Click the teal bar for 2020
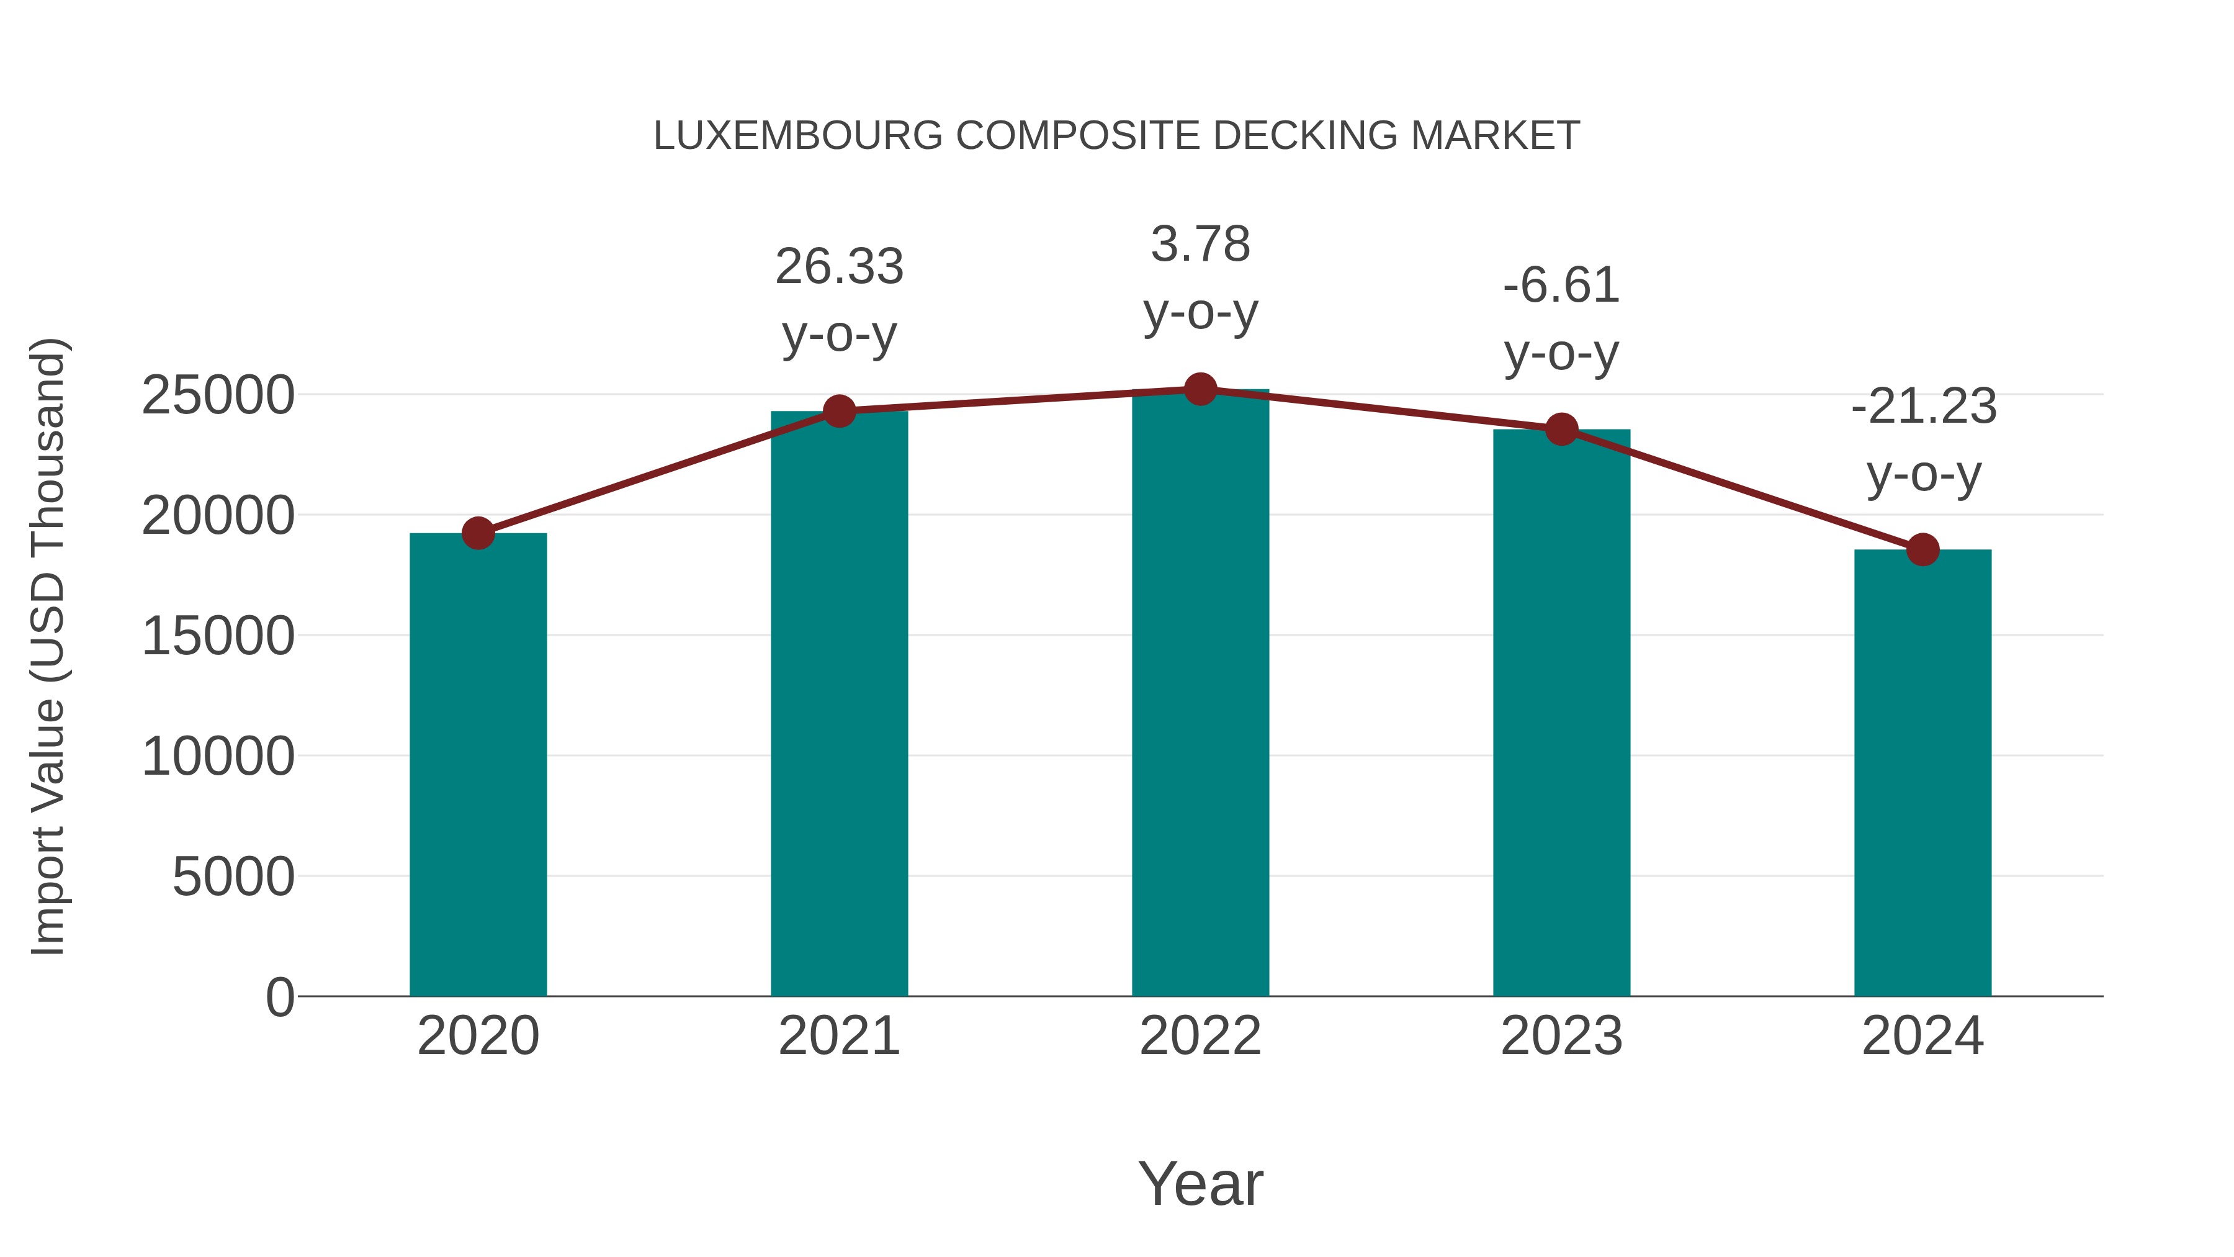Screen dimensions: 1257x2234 (x=478, y=764)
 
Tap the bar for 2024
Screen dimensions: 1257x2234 (x=1922, y=772)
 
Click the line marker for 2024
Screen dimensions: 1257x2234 (x=1922, y=549)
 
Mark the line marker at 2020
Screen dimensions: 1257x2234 (x=478, y=533)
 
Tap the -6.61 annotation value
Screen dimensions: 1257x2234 (x=1562, y=286)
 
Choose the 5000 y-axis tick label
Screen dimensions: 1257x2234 (x=233, y=877)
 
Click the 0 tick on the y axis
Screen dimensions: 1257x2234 (x=280, y=997)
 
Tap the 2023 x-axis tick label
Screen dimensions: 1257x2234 (x=1562, y=1036)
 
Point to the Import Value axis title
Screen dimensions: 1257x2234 (x=48, y=646)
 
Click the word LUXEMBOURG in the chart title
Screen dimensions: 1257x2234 (x=798, y=136)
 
